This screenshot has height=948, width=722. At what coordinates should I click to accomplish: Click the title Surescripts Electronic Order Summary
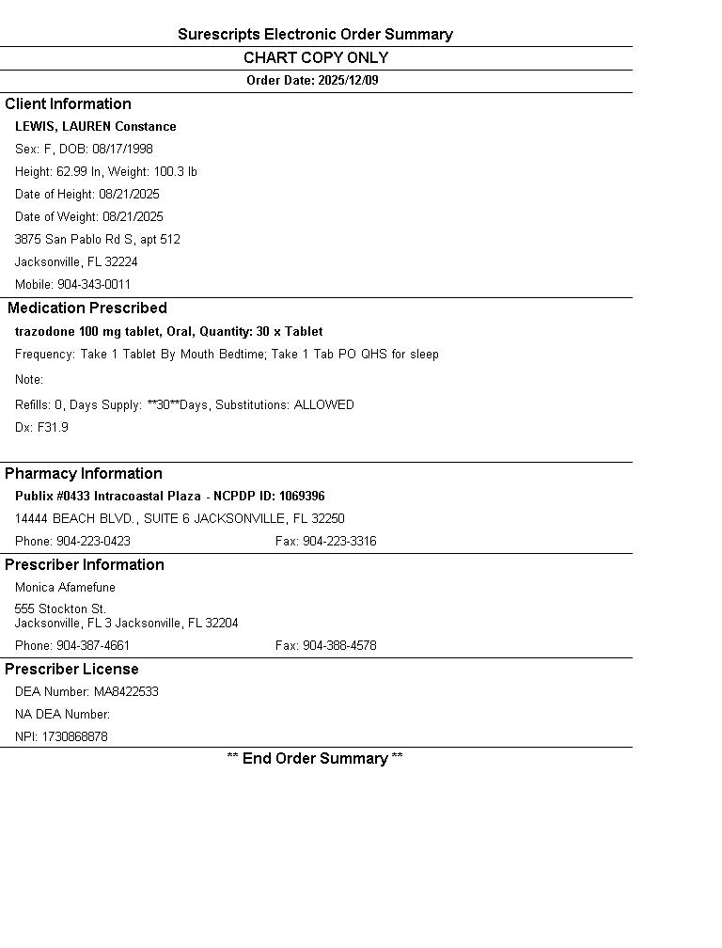click(315, 35)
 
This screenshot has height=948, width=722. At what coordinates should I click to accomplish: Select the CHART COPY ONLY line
click(315, 58)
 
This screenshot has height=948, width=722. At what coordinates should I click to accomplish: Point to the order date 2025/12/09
click(348, 81)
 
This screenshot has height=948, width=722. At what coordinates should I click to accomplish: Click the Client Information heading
click(68, 104)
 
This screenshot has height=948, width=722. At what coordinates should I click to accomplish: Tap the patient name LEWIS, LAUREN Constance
click(95, 127)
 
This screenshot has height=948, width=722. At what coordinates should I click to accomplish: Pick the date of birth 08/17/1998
click(122, 150)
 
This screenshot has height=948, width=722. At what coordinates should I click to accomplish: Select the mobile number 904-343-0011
click(94, 285)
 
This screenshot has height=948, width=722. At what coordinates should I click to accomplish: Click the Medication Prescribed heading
click(86, 308)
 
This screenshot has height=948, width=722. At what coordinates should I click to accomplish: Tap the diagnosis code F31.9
click(53, 428)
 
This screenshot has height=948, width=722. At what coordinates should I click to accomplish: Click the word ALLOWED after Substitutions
click(323, 405)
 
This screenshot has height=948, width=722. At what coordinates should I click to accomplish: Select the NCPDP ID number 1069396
click(302, 497)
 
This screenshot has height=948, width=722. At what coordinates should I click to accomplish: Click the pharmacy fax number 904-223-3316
click(339, 542)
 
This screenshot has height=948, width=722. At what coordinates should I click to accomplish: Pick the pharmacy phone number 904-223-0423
click(93, 542)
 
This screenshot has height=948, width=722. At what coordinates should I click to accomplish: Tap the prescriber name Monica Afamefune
click(65, 588)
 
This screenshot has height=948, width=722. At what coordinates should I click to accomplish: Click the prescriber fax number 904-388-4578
click(339, 646)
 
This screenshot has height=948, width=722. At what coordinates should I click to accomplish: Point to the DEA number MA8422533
click(126, 692)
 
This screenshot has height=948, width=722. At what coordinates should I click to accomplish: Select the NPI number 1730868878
click(74, 737)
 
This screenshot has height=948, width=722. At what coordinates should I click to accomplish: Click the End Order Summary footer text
click(315, 759)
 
